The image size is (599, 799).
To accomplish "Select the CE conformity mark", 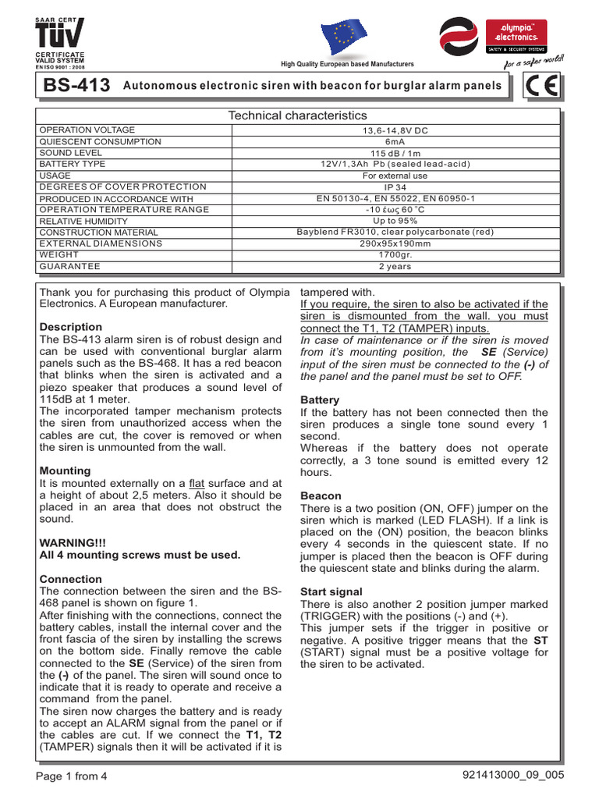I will (x=541, y=87).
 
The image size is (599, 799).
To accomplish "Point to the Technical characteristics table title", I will (x=296, y=115).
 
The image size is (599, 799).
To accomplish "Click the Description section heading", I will (x=70, y=327).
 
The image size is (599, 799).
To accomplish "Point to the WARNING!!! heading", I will (x=71, y=542).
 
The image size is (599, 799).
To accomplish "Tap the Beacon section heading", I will (x=321, y=495).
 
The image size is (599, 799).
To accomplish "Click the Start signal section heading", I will (x=331, y=592).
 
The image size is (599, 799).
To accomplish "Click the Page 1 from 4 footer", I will (x=73, y=776).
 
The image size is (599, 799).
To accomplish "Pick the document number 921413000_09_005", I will (x=512, y=775).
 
